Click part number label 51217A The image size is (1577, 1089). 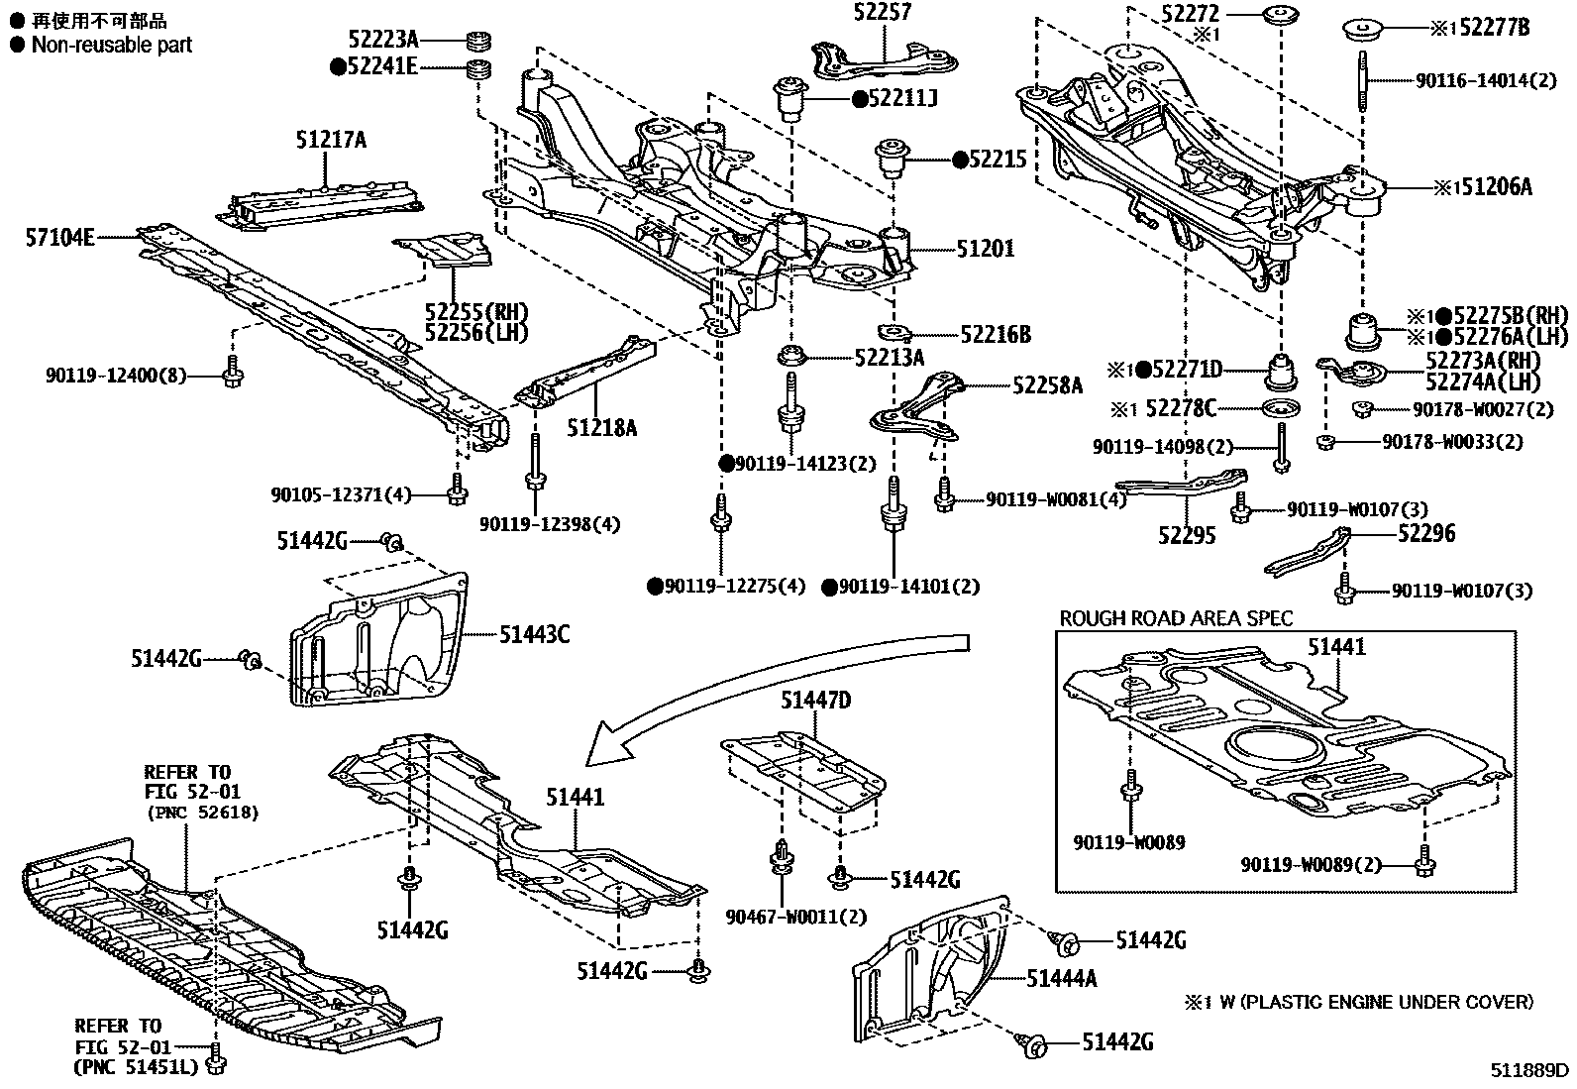330,141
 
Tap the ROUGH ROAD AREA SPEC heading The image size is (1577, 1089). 1176,618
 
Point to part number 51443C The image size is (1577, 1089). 534,634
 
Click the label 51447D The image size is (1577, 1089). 815,701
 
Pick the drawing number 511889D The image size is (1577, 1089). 1531,1071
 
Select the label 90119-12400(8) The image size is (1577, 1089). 116,376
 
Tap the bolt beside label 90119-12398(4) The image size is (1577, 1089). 535,466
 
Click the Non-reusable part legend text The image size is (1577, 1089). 111,45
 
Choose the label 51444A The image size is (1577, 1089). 1062,979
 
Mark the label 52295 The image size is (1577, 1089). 1188,536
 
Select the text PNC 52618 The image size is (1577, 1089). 202,813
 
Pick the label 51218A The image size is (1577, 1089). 601,428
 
